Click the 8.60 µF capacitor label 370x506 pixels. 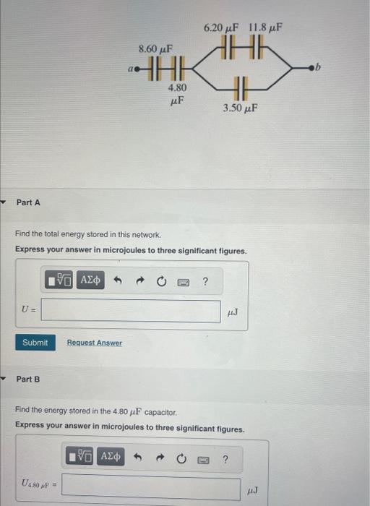coord(155,48)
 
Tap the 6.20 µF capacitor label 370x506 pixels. coord(221,27)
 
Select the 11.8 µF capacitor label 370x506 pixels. coord(265,27)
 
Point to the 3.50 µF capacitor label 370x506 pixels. coord(241,108)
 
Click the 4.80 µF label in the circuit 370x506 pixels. coord(176,93)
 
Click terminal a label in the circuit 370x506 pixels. coord(130,69)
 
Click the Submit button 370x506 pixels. coord(35,342)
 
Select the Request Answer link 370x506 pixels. coord(95,343)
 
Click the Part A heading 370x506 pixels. coord(28,202)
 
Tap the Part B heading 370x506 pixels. coord(28,379)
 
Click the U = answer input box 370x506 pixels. coord(131,312)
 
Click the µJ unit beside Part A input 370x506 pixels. coord(232,312)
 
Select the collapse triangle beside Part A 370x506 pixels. coord(6,202)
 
